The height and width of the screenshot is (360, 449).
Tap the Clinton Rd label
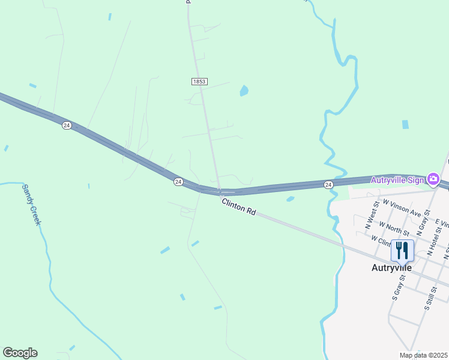[239, 207]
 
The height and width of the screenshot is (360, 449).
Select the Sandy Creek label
[31, 205]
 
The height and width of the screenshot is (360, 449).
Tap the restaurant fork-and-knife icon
[402, 250]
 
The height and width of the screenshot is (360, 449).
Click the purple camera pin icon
[433, 179]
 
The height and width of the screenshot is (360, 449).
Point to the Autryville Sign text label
[397, 179]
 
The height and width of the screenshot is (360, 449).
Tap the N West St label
[371, 217]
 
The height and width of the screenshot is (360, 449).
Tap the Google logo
[20, 353]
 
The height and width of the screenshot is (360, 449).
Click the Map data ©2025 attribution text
[423, 355]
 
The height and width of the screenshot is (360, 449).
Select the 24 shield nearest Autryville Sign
[328, 184]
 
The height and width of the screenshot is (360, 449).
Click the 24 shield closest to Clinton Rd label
[178, 181]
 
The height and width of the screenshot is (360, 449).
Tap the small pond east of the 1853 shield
[244, 91]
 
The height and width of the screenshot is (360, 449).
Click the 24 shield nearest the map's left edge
[66, 125]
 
